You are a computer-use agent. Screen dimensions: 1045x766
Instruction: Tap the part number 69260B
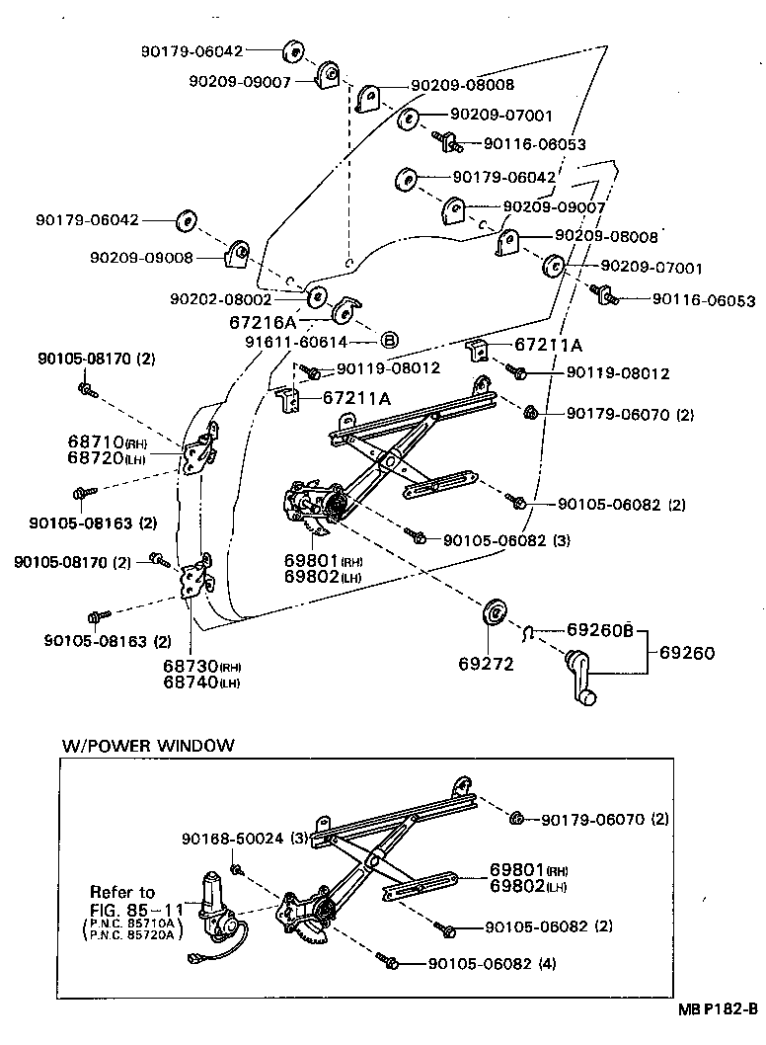(599, 629)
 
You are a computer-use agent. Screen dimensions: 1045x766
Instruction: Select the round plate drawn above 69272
(493, 612)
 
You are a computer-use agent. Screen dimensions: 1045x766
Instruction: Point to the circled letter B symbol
(389, 341)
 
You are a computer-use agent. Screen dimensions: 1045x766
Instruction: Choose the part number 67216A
(263, 322)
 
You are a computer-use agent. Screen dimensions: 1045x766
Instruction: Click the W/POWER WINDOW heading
(148, 745)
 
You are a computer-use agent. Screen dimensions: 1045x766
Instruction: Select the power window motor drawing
(216, 907)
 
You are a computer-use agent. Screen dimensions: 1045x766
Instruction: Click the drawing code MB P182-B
(718, 1009)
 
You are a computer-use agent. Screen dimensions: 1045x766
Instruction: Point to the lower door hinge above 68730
(196, 578)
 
